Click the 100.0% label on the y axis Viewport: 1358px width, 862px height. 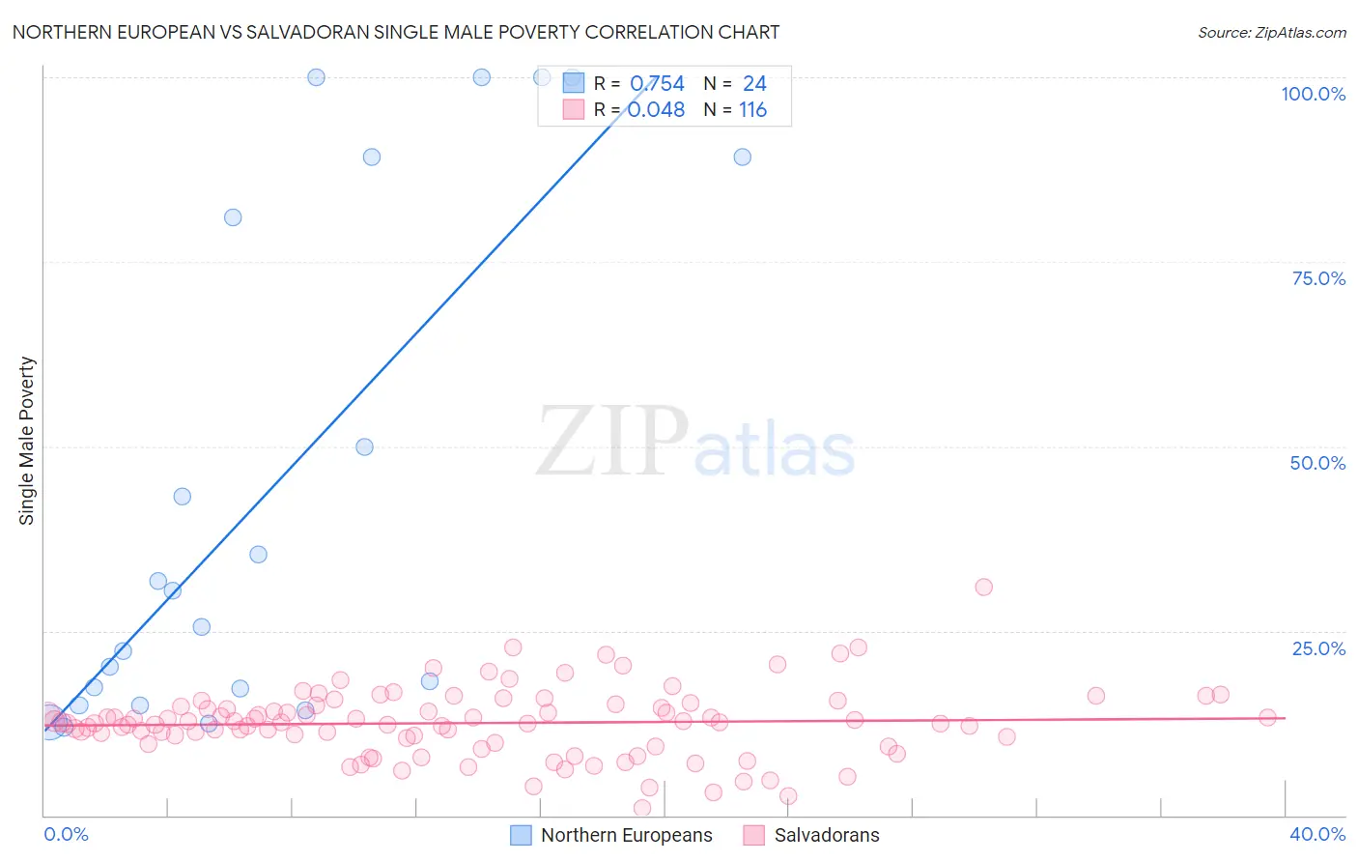coord(1313,94)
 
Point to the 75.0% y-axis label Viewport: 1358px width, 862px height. coord(1318,278)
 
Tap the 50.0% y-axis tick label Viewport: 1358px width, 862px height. coord(1317,463)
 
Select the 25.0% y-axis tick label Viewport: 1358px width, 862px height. coord(1318,648)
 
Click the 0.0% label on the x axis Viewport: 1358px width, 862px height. coord(66,834)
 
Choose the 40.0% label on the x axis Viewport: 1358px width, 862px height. coord(1316,834)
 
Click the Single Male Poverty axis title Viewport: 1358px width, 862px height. coord(27,441)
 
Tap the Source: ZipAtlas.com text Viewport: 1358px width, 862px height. coord(1271,32)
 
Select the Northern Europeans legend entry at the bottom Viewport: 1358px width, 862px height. coord(626,835)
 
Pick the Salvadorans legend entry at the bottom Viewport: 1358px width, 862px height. coord(826,835)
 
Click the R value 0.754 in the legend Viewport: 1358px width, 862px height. coord(657,84)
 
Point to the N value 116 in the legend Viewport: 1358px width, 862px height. coord(752,110)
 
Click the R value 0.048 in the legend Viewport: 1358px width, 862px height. coord(657,110)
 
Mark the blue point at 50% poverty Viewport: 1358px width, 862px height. coord(364,446)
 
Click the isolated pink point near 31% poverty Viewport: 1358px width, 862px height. coord(983,587)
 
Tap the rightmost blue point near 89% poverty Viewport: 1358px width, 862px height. coord(742,157)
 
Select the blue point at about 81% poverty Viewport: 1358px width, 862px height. coord(233,217)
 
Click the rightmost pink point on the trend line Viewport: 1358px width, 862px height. coord(1267,717)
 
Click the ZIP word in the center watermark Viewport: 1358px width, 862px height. coord(612,442)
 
